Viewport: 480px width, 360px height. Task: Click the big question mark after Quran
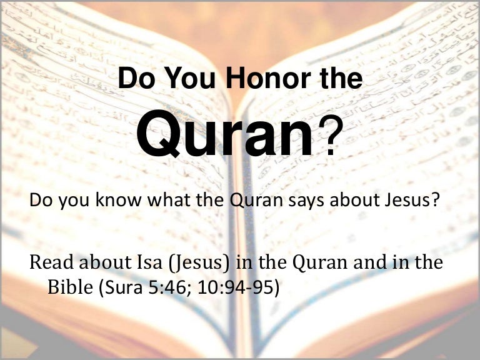329,136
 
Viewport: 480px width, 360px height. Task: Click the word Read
51,262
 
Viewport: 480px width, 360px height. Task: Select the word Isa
149,262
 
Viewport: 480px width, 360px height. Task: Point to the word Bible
70,287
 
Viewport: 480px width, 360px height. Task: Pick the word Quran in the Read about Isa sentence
320,262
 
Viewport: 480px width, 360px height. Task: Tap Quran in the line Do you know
256,200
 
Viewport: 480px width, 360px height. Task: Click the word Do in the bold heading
136,78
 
